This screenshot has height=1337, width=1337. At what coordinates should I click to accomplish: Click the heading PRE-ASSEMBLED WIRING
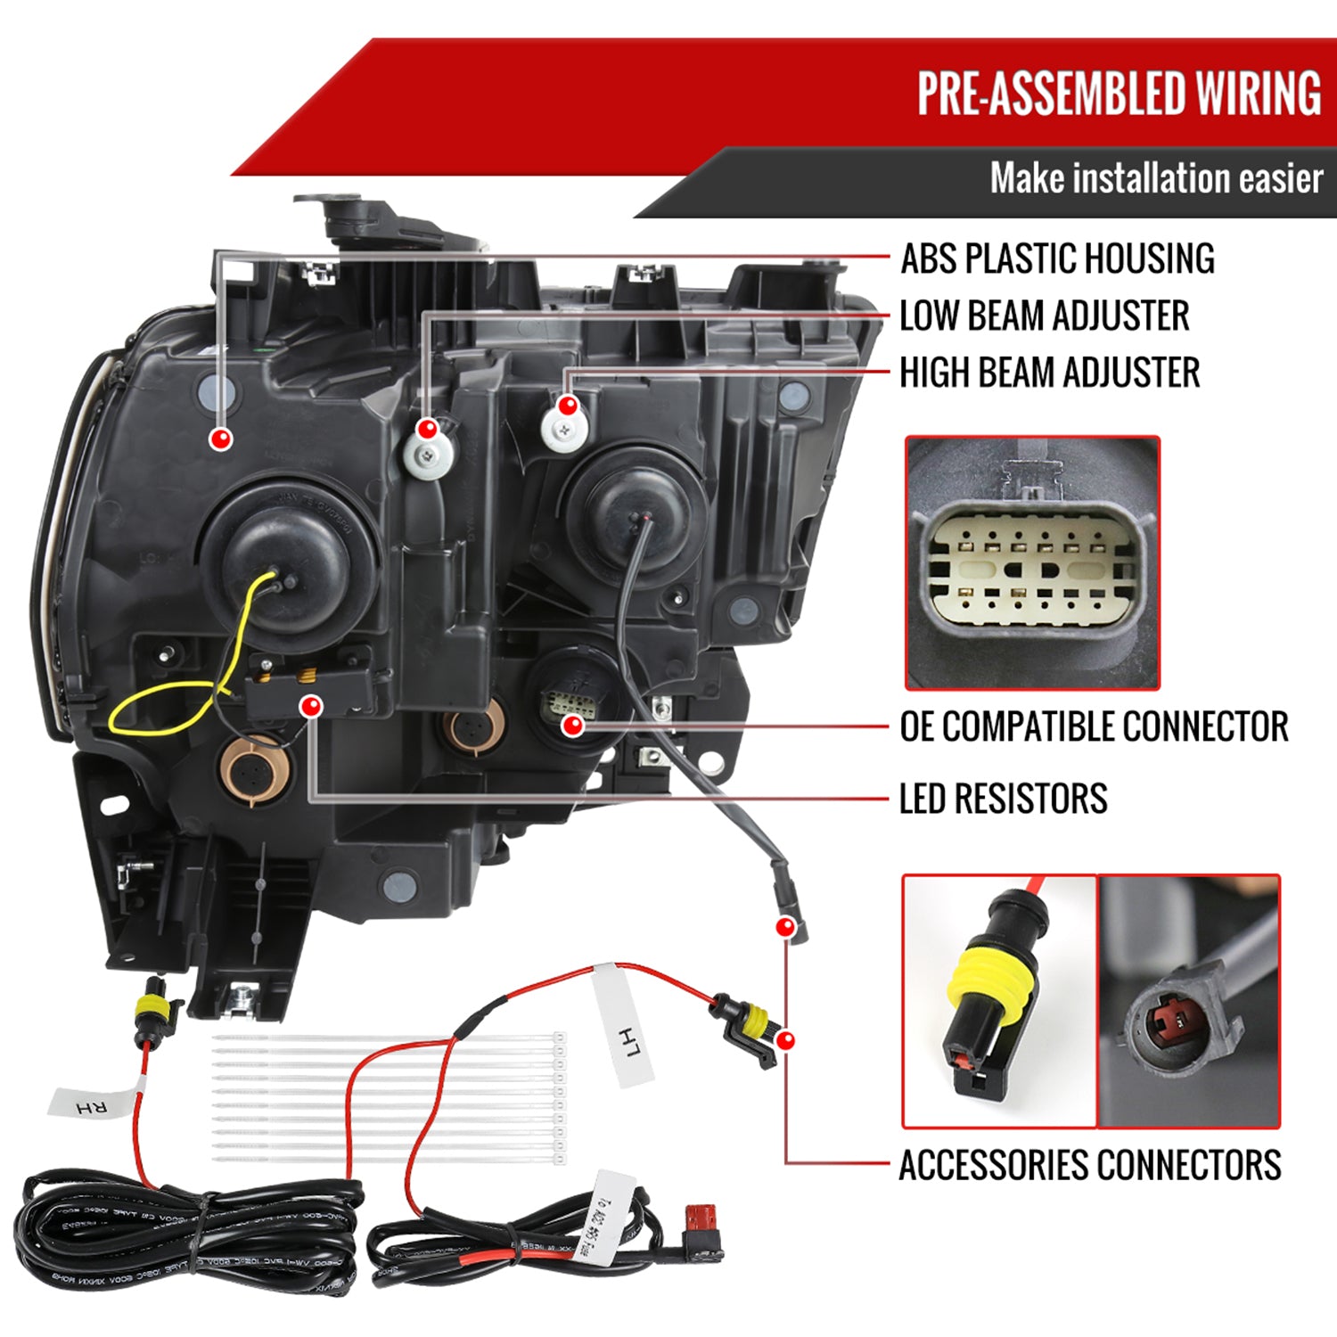(1119, 94)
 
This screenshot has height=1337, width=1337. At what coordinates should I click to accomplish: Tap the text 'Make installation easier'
(1156, 178)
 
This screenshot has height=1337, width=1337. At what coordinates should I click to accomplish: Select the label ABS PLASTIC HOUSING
(1057, 258)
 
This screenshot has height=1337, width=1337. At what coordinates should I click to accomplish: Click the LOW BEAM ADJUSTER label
(1045, 316)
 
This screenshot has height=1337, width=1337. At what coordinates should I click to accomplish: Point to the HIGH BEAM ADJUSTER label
(1049, 373)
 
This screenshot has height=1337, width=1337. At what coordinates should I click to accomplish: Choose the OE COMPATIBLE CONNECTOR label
(1094, 726)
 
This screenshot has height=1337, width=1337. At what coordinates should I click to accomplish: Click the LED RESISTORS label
(1003, 799)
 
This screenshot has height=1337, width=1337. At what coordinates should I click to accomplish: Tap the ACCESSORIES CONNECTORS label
(1089, 1165)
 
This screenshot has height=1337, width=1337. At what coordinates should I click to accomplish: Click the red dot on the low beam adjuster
(428, 429)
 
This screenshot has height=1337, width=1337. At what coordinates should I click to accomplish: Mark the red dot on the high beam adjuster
(568, 406)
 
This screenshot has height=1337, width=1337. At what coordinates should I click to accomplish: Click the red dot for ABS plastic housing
(221, 439)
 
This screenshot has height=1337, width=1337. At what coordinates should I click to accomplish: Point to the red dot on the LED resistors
(310, 708)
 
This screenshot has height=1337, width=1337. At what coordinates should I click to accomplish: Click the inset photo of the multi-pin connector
(1032, 563)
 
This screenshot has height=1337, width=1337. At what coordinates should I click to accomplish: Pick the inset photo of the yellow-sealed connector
(999, 1001)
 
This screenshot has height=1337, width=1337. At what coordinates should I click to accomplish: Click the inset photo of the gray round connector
(1188, 1001)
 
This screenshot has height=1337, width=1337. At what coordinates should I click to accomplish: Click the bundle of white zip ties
(388, 1098)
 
